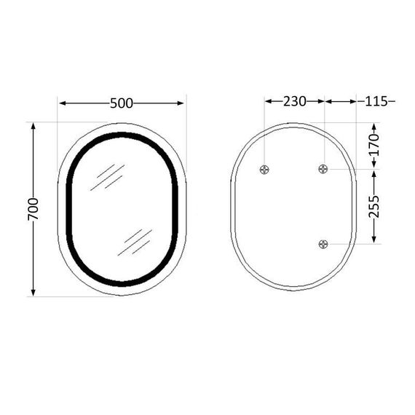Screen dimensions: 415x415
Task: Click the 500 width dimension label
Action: [122, 103]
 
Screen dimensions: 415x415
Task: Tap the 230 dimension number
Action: [294, 101]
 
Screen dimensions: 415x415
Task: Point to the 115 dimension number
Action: [376, 101]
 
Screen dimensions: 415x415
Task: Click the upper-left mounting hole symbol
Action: [265, 170]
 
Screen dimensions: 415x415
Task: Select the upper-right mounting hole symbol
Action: [324, 170]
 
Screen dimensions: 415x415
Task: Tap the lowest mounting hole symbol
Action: [324, 244]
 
